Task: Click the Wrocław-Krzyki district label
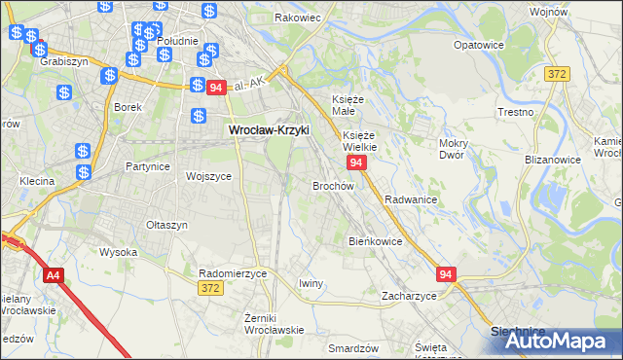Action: click(268, 129)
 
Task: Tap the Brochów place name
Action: click(332, 185)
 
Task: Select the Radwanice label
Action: click(410, 198)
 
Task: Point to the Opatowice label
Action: click(478, 45)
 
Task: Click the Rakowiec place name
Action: click(298, 18)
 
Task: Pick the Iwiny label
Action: click(311, 283)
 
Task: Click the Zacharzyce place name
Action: click(409, 296)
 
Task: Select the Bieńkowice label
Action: click(375, 240)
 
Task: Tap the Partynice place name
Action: click(148, 166)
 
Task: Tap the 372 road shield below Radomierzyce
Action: click(208, 288)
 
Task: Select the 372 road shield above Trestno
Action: click(557, 74)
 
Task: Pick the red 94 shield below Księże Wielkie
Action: click(356, 162)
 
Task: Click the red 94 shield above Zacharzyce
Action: click(446, 276)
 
